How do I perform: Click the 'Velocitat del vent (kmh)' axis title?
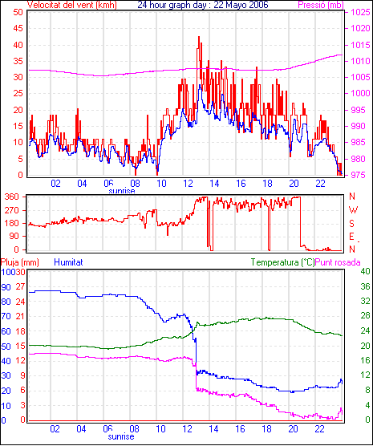pos(71,5)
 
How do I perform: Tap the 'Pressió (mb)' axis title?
pos(321,5)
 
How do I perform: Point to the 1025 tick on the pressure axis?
pos(360,13)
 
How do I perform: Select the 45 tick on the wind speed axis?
pos(18,28)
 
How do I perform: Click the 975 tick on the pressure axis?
pos(359,175)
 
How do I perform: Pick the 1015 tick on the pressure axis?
pos(360,45)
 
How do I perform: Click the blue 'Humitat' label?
pos(68,262)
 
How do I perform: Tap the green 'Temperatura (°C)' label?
pos(283,262)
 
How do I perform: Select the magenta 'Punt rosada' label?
pos(338,262)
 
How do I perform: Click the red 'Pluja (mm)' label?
pos(19,262)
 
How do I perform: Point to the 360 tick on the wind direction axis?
pos(12,197)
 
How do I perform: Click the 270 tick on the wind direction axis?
pos(12,210)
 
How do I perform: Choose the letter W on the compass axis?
pos(353,210)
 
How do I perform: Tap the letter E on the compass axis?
pos(352,237)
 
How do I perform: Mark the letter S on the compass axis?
pos(352,224)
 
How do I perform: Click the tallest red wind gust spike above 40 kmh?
pos(199,36)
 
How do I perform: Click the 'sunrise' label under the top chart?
pos(122,191)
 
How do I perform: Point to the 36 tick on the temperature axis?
pos(365,286)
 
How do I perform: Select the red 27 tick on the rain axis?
pos(20,286)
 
